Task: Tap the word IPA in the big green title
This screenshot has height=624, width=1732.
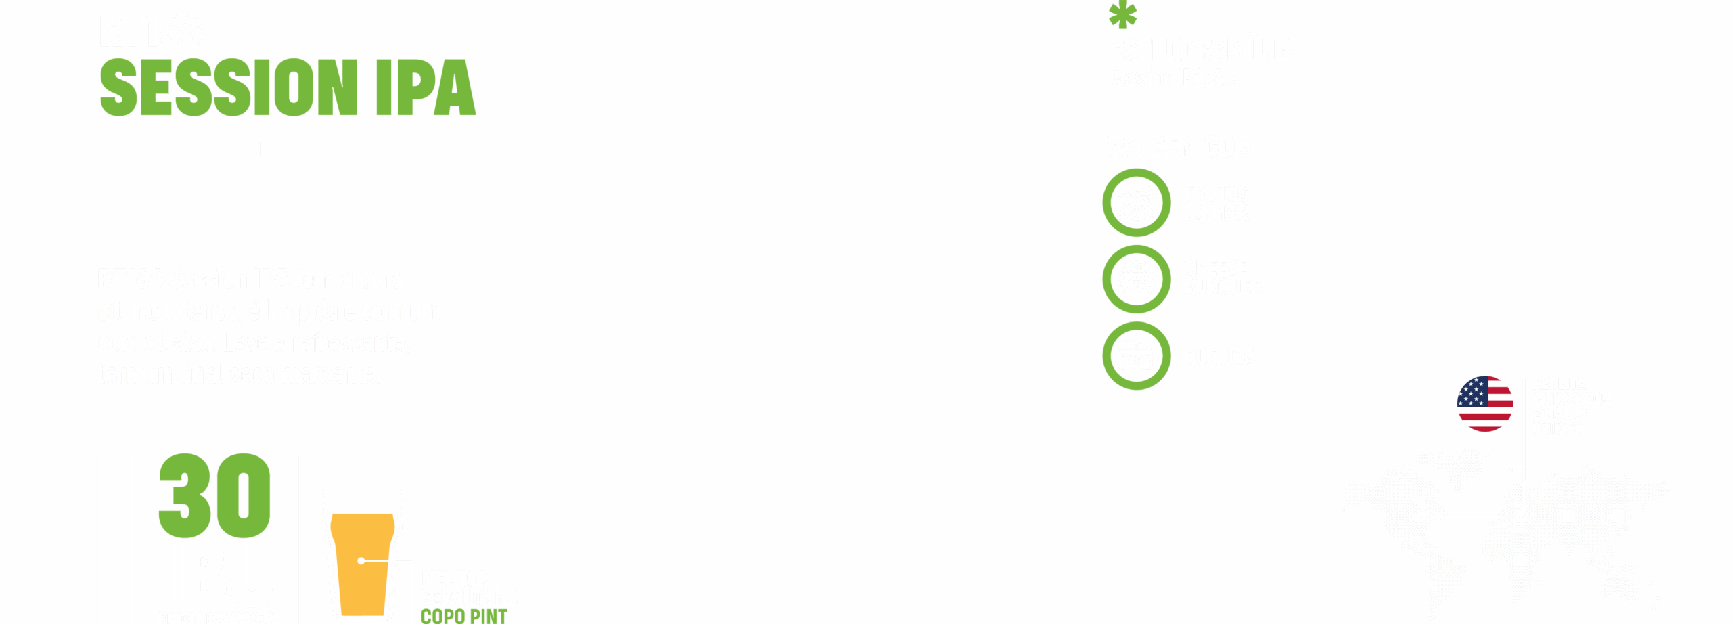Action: coord(426,87)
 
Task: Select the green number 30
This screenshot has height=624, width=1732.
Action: coord(214,495)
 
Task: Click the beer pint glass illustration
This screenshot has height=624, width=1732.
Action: coord(362,555)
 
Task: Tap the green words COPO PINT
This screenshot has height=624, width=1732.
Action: coord(463,616)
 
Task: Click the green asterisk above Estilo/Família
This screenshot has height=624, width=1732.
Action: coord(1122,15)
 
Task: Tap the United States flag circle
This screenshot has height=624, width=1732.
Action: coord(1484,403)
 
